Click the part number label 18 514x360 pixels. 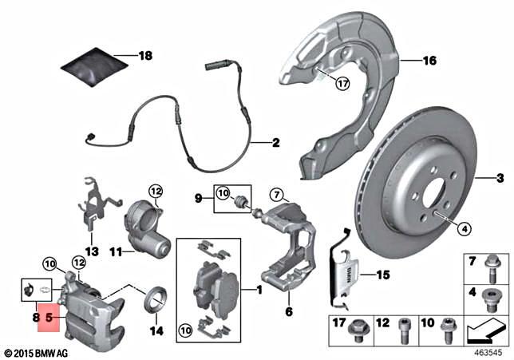144,56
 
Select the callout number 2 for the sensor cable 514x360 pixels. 275,144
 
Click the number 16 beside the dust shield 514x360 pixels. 430,61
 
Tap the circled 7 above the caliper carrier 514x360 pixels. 276,194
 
